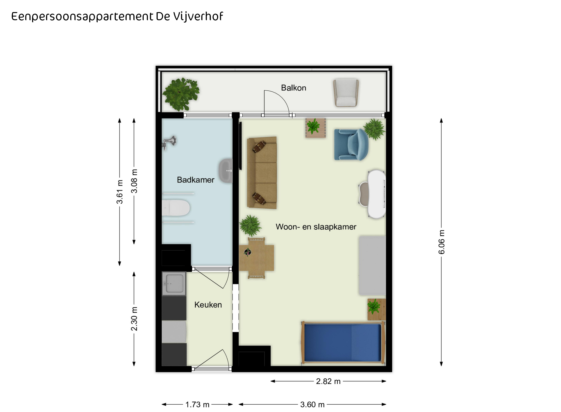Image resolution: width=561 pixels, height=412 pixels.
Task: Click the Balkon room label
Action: (293, 88)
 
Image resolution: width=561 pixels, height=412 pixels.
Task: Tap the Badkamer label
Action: (196, 180)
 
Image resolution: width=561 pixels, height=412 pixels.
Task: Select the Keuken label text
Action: (208, 305)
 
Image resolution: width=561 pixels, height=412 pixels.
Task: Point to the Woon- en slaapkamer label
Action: (316, 227)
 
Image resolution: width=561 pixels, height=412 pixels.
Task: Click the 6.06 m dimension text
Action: (442, 242)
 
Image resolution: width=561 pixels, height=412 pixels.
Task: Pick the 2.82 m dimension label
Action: (328, 381)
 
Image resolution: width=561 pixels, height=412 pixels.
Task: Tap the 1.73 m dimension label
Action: (197, 404)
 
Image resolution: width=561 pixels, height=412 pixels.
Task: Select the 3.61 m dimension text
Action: (120, 192)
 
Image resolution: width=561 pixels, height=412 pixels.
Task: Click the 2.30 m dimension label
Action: (134, 319)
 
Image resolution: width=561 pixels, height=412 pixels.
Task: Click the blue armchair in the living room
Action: (351, 145)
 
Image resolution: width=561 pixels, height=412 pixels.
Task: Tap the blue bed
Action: (343, 343)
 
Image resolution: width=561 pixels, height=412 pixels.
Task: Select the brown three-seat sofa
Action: (262, 173)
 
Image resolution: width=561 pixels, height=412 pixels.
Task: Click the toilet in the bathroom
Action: (175, 208)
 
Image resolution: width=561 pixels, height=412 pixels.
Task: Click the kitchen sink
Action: (174, 284)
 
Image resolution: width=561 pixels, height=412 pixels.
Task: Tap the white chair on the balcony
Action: (346, 93)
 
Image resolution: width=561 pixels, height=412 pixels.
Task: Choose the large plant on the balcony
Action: (181, 94)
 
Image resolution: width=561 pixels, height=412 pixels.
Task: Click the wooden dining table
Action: (257, 258)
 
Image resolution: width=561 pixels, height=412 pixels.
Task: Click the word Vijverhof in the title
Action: (198, 17)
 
